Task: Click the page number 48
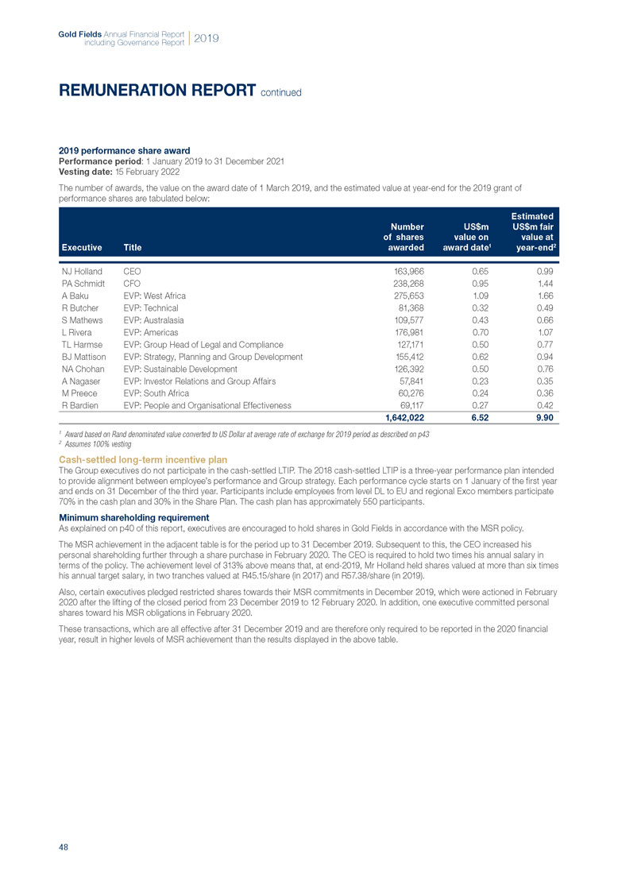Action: coord(64,847)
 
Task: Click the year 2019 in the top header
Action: coord(207,37)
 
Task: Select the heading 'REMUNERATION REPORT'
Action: coord(158,91)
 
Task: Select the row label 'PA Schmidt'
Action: coord(84,284)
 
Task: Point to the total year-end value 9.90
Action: coord(543,417)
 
